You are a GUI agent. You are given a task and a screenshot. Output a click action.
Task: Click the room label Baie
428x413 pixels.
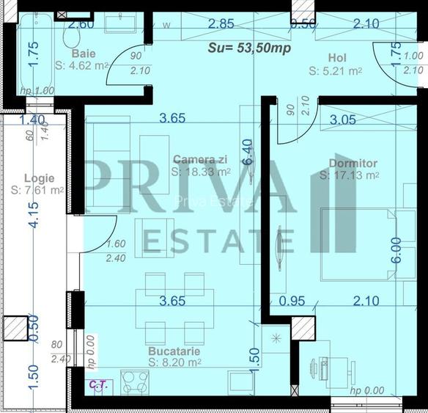coord(84,54)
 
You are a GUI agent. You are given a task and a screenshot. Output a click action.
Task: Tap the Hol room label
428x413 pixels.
coord(338,57)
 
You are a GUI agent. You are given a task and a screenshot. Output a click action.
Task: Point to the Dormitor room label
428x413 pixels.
coord(353,163)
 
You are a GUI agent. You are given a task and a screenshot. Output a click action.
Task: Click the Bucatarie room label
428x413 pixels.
coord(173,351)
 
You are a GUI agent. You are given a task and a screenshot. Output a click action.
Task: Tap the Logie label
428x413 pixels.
coord(38,178)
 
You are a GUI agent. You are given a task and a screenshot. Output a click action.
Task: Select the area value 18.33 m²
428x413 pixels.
coord(201,172)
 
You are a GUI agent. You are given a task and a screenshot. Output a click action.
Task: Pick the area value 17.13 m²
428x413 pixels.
coord(349,175)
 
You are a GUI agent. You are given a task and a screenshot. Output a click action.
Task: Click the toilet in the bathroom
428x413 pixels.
coord(72,34)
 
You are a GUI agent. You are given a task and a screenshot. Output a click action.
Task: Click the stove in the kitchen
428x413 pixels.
coord(136,381)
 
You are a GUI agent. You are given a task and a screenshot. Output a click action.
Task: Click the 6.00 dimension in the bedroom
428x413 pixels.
coord(396,250)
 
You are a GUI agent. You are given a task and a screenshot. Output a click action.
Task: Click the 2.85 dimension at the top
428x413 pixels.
coord(221,24)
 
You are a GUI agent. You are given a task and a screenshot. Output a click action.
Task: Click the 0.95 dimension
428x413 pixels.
coord(292,300)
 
